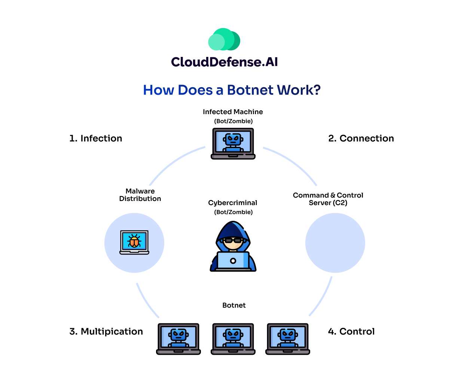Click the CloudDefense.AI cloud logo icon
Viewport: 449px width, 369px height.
pyautogui.click(x=224, y=39)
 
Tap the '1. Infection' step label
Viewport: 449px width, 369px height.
pyautogui.click(x=96, y=138)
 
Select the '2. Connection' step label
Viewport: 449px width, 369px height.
pyautogui.click(x=361, y=138)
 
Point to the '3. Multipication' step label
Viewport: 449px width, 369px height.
pyautogui.click(x=106, y=332)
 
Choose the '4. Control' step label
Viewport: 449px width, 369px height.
pyautogui.click(x=351, y=332)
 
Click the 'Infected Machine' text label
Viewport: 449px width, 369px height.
pyautogui.click(x=233, y=112)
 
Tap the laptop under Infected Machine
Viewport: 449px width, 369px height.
pyautogui.click(x=233, y=143)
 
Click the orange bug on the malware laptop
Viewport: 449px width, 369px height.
pyautogui.click(x=134, y=241)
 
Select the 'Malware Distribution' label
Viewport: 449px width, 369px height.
pyautogui.click(x=140, y=195)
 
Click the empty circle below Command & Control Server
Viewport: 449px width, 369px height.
pyautogui.click(x=335, y=243)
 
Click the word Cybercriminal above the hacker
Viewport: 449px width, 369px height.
pyautogui.click(x=233, y=203)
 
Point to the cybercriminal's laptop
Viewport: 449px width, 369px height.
pyautogui.click(x=233, y=260)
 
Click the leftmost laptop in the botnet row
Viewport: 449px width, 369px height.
pyautogui.click(x=178, y=338)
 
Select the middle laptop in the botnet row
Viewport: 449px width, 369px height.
pyautogui.click(x=233, y=338)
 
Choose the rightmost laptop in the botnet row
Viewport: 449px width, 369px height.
pyautogui.click(x=288, y=338)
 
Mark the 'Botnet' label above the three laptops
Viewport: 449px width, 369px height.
pyautogui.click(x=234, y=305)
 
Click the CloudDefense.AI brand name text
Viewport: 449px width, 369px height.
pyautogui.click(x=224, y=62)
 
